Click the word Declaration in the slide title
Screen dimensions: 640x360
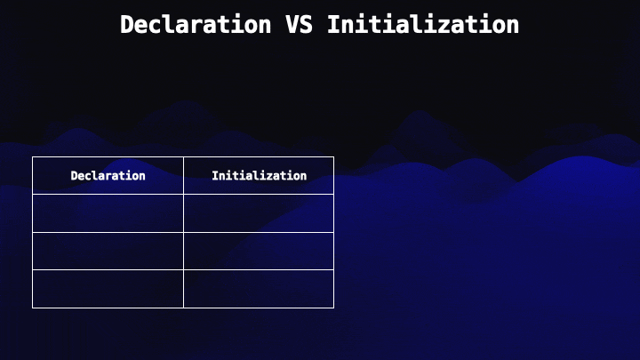196,25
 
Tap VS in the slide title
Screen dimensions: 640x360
300,25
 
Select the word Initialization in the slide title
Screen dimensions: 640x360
423,25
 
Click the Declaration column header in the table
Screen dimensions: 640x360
108,175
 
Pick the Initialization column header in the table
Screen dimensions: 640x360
259,175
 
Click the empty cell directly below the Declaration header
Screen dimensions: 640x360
108,213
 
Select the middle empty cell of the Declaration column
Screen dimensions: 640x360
108,251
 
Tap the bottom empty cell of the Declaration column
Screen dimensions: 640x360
108,289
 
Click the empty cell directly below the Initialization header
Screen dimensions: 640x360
259,213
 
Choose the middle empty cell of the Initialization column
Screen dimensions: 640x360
259,251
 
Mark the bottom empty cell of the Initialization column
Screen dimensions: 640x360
259,289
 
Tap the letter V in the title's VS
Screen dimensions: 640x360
292,25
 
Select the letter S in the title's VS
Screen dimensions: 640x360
307,25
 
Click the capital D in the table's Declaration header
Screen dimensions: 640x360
74,175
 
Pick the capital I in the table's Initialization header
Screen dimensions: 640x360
215,175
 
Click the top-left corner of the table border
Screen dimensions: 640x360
32,156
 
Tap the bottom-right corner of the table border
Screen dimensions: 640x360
334,308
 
